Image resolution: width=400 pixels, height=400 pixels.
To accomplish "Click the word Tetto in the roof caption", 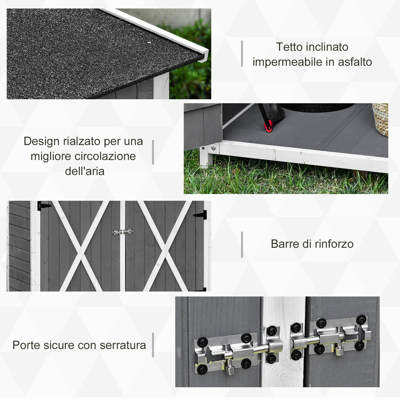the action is [x=289, y=47].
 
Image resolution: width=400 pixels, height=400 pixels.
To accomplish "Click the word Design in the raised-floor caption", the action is [x=41, y=141].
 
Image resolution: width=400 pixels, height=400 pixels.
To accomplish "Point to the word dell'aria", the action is [x=85, y=171].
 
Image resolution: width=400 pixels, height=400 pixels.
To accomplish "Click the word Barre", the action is [x=285, y=244].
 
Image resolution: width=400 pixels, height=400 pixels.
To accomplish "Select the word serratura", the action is [x=123, y=345].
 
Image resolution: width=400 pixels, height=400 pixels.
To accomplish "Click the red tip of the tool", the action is [x=268, y=128].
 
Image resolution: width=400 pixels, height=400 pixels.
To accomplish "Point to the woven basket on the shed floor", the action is [x=380, y=119].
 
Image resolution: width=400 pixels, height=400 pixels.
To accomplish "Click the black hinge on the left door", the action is [x=44, y=205].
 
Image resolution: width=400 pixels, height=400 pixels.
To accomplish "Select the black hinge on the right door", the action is [x=201, y=215].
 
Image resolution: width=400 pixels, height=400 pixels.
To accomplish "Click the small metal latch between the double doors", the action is [x=123, y=232].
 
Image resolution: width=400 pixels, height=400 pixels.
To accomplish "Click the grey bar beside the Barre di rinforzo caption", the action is [x=242, y=245].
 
